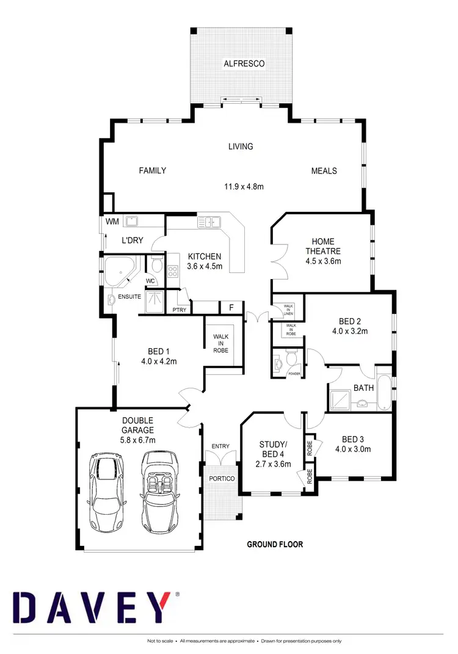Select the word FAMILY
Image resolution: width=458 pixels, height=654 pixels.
(x=152, y=170)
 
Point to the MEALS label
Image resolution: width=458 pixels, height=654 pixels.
(x=324, y=170)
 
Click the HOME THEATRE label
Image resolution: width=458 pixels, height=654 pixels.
(x=322, y=246)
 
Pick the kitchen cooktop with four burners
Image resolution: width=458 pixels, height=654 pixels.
(x=172, y=269)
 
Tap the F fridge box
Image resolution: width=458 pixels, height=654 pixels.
(x=231, y=307)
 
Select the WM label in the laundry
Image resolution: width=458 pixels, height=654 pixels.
(x=112, y=221)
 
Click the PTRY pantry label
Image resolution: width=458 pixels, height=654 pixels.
(x=180, y=310)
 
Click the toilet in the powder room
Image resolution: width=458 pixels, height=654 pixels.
(x=279, y=363)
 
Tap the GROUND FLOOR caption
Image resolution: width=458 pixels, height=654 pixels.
(x=274, y=543)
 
